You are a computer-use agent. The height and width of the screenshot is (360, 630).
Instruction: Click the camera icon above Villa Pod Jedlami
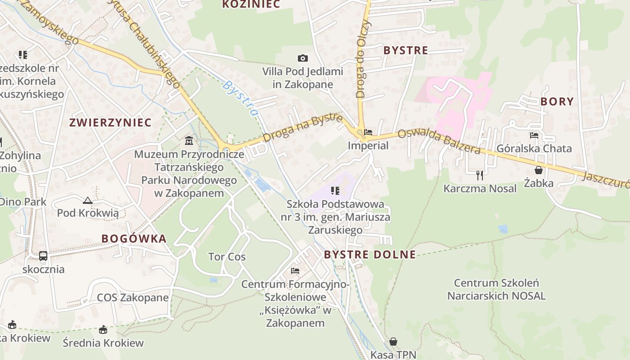click(x=303, y=58)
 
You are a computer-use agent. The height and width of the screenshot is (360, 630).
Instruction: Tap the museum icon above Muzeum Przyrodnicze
click(x=189, y=141)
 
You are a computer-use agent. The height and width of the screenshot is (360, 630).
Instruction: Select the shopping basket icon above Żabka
click(x=538, y=170)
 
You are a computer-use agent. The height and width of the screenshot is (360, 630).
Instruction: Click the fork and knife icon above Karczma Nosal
click(x=480, y=175)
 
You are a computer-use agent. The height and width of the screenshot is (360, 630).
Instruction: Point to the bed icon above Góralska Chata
click(x=534, y=135)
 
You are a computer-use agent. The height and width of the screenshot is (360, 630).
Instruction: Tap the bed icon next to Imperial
click(x=368, y=132)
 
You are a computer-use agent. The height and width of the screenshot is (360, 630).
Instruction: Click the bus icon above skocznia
click(x=43, y=256)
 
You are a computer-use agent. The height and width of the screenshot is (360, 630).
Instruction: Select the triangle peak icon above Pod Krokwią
click(x=88, y=200)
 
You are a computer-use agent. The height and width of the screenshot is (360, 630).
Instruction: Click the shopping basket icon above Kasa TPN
click(x=393, y=342)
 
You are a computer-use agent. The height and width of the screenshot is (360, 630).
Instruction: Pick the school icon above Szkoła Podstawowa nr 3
click(x=335, y=191)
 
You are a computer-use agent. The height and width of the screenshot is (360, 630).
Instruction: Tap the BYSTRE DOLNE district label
click(x=370, y=254)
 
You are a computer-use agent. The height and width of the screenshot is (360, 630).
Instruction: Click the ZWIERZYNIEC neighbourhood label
click(x=110, y=122)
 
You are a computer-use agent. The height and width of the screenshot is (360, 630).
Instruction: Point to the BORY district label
click(x=557, y=101)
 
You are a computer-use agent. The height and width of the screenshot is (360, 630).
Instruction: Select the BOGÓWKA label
click(x=134, y=238)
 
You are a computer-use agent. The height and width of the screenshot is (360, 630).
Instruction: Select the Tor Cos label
click(x=227, y=257)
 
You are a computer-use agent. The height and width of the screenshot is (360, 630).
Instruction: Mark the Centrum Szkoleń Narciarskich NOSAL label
click(x=496, y=289)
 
